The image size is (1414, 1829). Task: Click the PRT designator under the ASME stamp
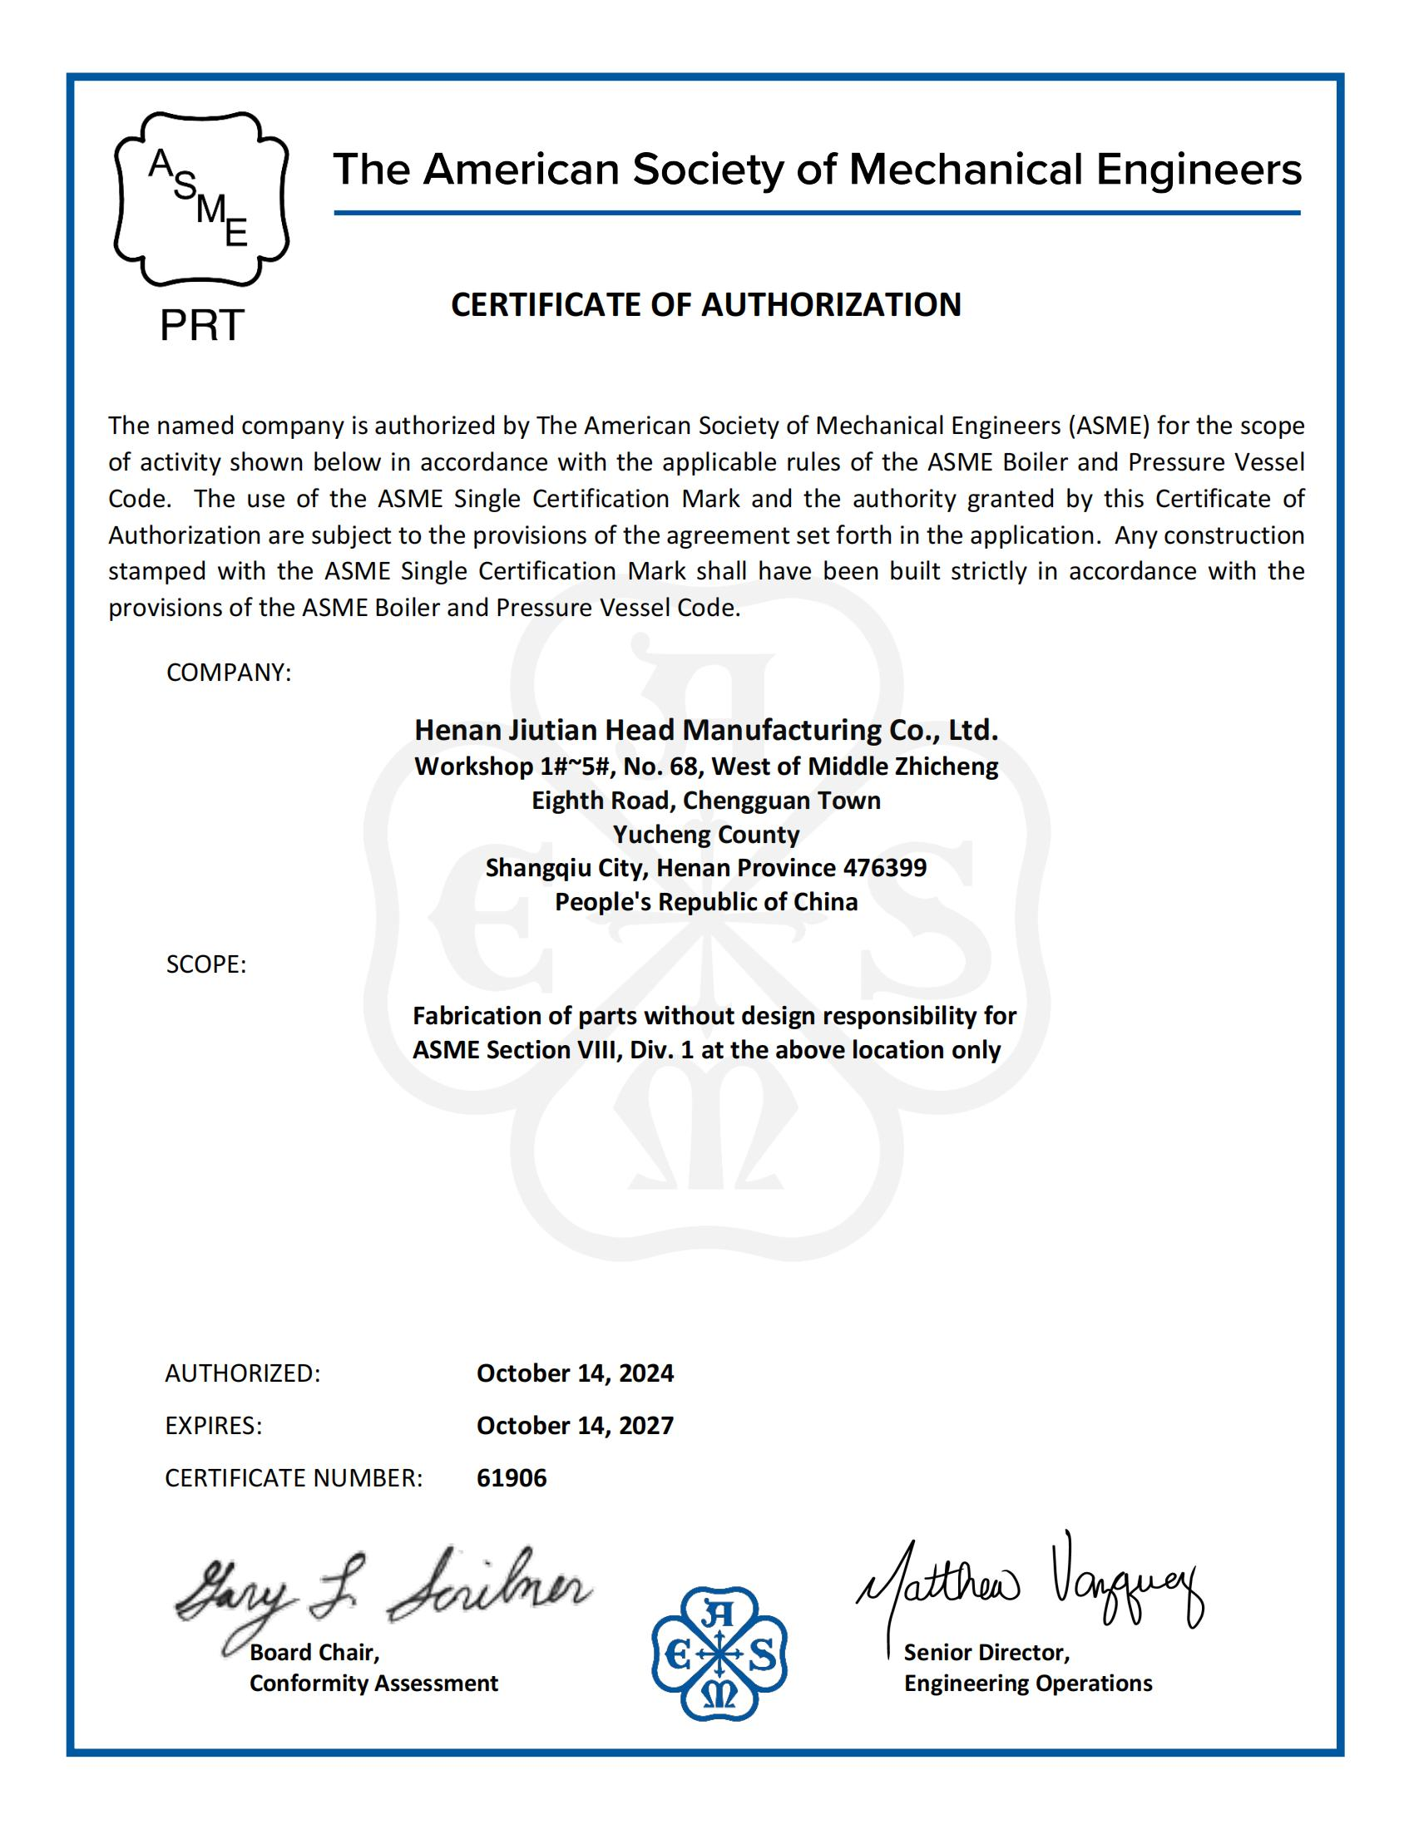click(x=201, y=325)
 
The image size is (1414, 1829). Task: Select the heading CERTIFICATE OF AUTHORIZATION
click(x=706, y=305)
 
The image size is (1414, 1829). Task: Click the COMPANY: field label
click(x=229, y=673)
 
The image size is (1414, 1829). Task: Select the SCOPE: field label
click(x=206, y=964)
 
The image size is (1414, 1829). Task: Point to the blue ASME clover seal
click(x=719, y=1653)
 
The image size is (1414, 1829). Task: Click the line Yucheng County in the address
click(x=706, y=834)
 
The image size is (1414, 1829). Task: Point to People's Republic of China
click(x=706, y=902)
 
